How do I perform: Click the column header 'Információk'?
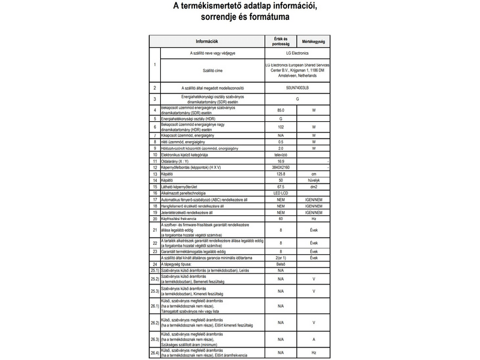click(206, 41)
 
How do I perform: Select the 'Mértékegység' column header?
click(313, 41)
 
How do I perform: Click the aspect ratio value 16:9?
click(280, 161)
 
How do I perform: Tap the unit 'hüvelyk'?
click(313, 180)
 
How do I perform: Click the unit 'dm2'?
click(313, 187)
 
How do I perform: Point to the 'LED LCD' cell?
click(280, 193)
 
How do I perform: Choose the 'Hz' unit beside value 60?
click(313, 218)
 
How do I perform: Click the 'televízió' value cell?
click(280, 155)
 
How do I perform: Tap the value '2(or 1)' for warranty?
click(280, 257)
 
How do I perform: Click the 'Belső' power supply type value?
click(280, 264)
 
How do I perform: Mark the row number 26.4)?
click(154, 352)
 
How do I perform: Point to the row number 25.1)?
click(154, 271)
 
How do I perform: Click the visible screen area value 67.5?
click(280, 187)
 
